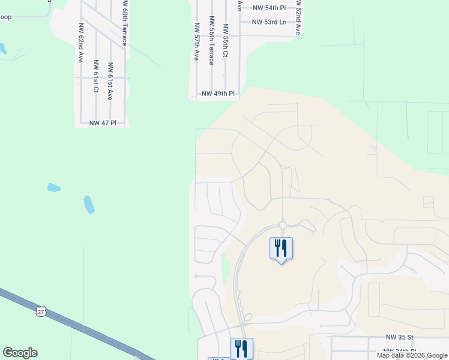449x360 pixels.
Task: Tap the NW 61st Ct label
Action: (x=95, y=76)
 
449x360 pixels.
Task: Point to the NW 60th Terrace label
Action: (x=125, y=24)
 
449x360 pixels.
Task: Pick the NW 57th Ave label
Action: (x=196, y=42)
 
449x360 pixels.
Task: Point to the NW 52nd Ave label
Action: (x=297, y=18)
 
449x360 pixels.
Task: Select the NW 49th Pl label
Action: (x=217, y=94)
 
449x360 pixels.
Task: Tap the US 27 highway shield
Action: (x=40, y=311)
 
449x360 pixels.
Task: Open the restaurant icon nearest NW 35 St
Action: (x=241, y=348)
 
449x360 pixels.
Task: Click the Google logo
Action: (x=20, y=353)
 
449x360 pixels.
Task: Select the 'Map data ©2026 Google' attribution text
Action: (x=412, y=355)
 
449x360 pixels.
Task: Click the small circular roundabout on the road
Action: (x=282, y=226)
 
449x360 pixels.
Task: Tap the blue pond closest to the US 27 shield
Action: (x=89, y=205)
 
